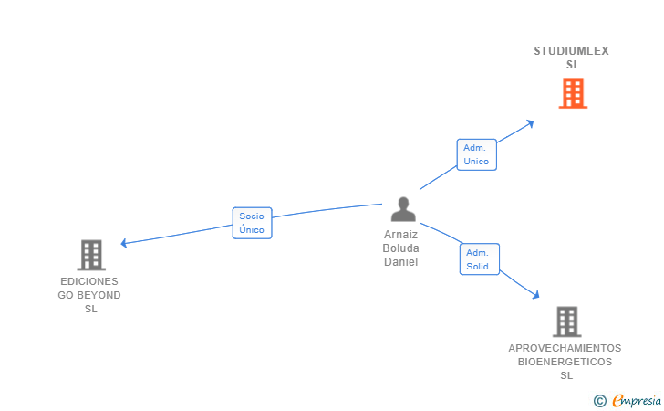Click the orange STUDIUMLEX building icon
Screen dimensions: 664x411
click(x=573, y=93)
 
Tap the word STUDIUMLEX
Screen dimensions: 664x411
click(x=571, y=51)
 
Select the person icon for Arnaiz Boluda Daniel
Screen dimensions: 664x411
click(x=402, y=209)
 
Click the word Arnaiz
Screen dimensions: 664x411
click(x=400, y=235)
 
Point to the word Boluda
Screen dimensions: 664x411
click(x=400, y=248)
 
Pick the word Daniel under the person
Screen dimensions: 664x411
click(x=400, y=262)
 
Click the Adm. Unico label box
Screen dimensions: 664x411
click(x=476, y=154)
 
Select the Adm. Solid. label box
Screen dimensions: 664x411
click(x=479, y=259)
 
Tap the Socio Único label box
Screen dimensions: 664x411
click(x=252, y=223)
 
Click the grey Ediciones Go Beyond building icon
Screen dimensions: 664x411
click(x=91, y=255)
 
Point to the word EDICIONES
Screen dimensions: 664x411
click(x=89, y=281)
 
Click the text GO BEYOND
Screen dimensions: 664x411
click(x=89, y=295)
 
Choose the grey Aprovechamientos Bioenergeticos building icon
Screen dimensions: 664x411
click(x=566, y=321)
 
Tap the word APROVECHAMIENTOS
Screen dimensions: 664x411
click(x=565, y=348)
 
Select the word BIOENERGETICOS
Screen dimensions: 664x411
click(x=565, y=362)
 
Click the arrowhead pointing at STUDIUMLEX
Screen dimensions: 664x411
click(x=530, y=122)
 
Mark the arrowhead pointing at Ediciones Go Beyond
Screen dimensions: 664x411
click(x=125, y=243)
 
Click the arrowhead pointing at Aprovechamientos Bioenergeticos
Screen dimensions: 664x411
click(x=536, y=294)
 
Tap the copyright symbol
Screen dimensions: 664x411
click(x=599, y=400)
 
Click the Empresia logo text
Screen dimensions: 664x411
click(x=637, y=400)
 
